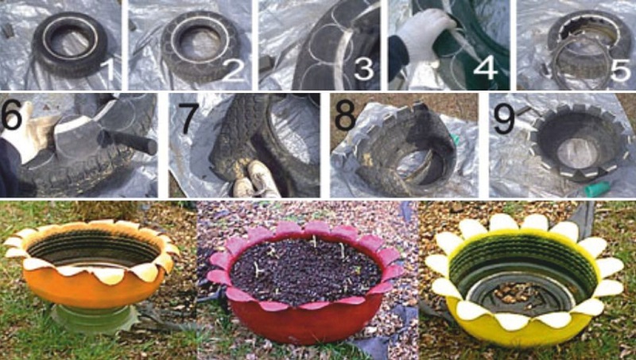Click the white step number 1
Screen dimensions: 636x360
(x=109, y=70)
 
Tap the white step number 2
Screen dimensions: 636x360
(x=234, y=70)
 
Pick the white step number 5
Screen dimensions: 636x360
(x=621, y=69)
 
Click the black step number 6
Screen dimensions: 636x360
(x=12, y=114)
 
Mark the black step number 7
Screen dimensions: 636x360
(x=191, y=118)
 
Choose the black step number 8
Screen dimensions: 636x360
(x=345, y=115)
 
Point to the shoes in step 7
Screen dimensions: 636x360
(x=255, y=179)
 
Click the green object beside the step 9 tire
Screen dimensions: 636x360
(x=597, y=188)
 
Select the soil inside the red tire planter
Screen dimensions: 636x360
(x=306, y=270)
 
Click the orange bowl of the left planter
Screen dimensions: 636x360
(x=94, y=287)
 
